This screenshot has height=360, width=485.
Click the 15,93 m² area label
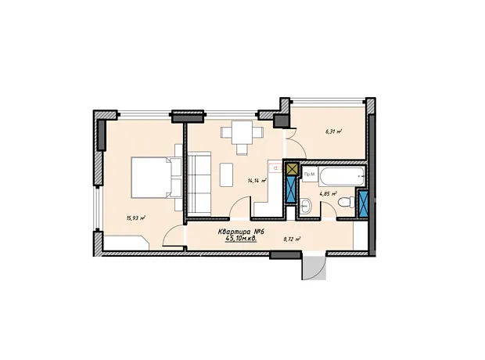coord(136,218)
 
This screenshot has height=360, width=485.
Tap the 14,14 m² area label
coord(257,181)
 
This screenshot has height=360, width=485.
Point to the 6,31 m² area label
coord(333,131)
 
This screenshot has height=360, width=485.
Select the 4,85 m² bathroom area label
coord(329,194)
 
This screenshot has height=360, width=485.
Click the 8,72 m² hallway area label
coord(293,239)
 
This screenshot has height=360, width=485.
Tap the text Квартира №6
coord(242,231)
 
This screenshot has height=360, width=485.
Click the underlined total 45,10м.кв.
coord(241,239)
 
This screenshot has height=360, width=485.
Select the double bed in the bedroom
coord(156,178)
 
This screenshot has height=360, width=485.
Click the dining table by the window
coord(242,132)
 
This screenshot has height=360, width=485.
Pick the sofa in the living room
coord(199,184)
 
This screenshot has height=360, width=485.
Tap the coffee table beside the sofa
coord(226,175)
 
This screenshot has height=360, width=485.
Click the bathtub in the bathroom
coord(342,177)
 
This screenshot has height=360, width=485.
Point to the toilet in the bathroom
coord(347,203)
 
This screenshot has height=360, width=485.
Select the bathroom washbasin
coord(305,206)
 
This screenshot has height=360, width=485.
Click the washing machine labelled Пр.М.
coord(310,175)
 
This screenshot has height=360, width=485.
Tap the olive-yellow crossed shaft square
coord(291,169)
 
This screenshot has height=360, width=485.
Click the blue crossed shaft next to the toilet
coord(362,203)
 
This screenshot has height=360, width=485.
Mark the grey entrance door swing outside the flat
coord(314,268)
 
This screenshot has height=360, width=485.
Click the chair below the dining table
coord(242,149)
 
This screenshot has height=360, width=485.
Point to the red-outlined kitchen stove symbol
coord(275,167)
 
